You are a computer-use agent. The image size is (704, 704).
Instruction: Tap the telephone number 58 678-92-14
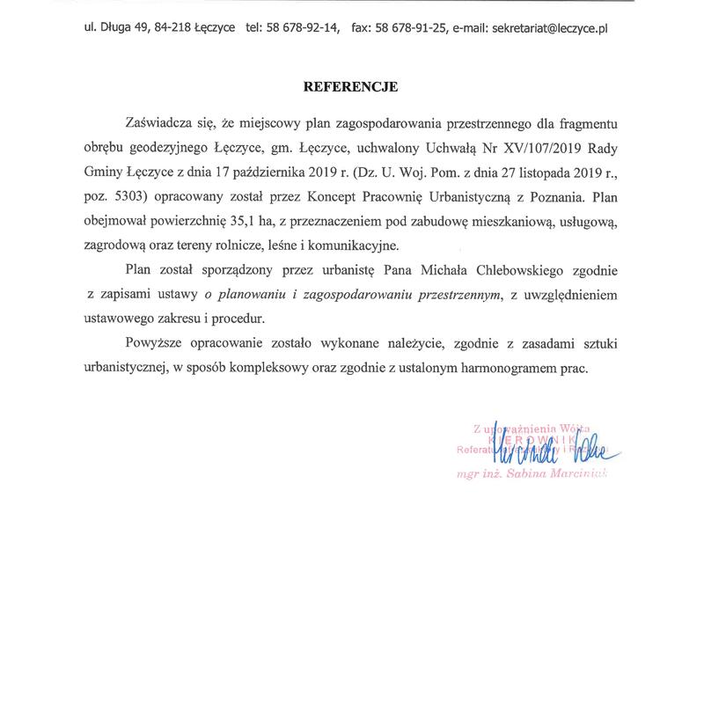297,28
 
